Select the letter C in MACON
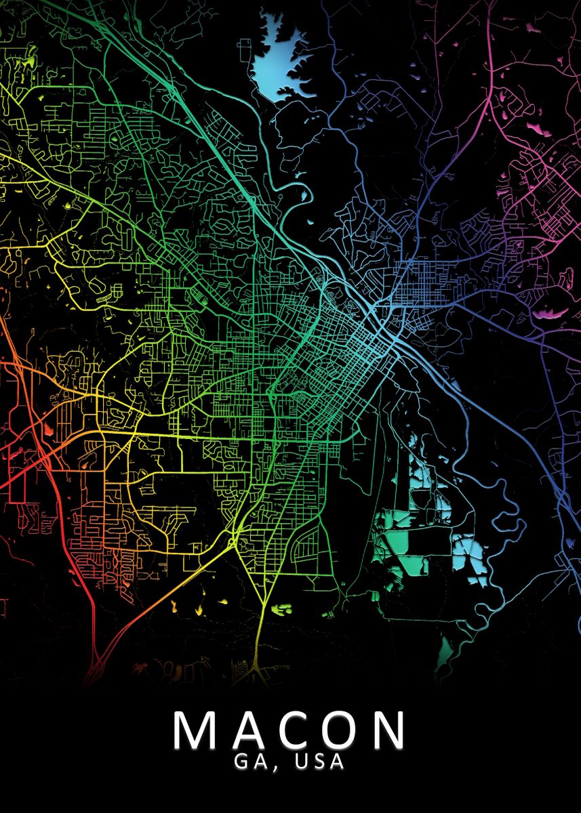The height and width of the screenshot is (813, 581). tap(292, 730)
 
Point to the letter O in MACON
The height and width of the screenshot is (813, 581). tap(341, 730)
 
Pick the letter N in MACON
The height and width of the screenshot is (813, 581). tap(389, 730)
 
